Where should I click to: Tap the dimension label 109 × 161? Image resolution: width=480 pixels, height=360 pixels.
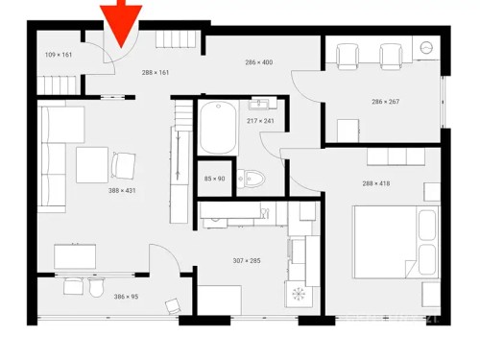tap(59, 55)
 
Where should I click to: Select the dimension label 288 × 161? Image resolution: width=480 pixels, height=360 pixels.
tap(156, 72)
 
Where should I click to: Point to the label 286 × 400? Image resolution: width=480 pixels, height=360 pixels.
tap(258, 62)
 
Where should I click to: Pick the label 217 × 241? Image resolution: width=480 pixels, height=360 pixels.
tap(260, 120)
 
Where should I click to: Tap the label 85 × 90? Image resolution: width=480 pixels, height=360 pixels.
tap(214, 179)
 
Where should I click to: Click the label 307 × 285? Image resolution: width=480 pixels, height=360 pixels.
tap(248, 260)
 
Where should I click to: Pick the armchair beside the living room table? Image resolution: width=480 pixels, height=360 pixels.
tap(124, 165)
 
